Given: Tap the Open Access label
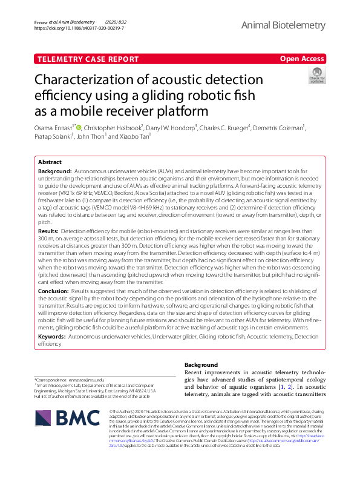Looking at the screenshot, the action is click(302, 59).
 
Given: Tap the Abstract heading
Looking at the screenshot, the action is click(50, 163).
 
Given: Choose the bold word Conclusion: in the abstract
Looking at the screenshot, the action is click(53, 290).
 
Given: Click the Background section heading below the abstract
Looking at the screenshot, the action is click(235, 365).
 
